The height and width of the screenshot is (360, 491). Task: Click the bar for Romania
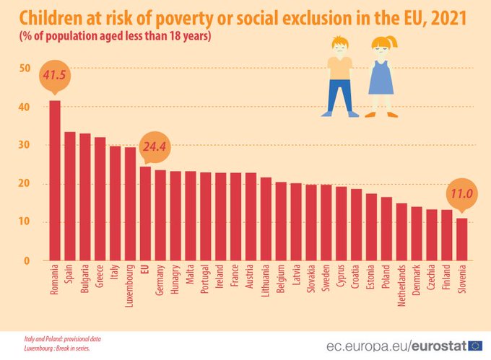pyautogui.click(x=55, y=180)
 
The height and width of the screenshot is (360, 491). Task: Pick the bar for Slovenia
pyautogui.click(x=461, y=239)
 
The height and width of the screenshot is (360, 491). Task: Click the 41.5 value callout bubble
pyautogui.click(x=55, y=76)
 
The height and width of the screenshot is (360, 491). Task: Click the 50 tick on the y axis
pyautogui.click(x=25, y=69)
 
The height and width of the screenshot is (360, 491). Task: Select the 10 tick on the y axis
pyautogui.click(x=25, y=222)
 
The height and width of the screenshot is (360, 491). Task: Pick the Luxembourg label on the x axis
pyautogui.click(x=130, y=286)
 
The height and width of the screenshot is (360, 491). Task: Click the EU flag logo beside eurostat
pyautogui.click(x=476, y=345)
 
